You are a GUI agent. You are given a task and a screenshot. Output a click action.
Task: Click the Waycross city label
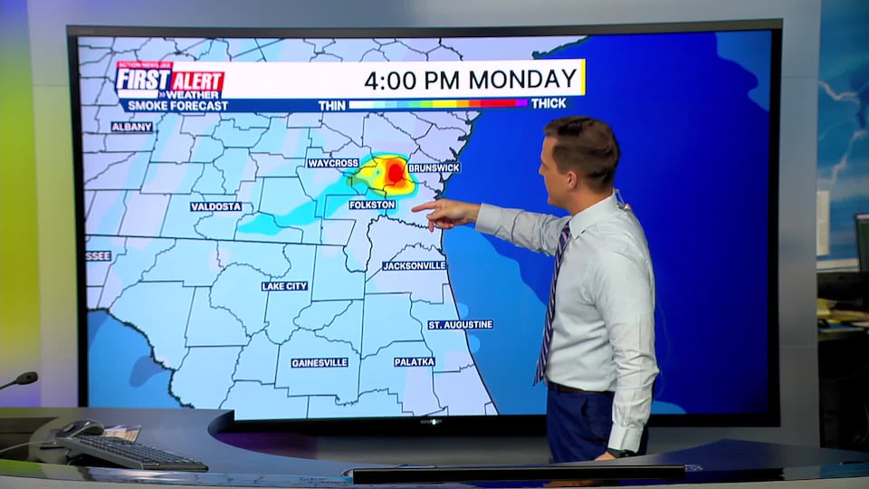pos(332,163)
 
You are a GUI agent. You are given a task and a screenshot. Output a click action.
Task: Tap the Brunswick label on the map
pos(434,168)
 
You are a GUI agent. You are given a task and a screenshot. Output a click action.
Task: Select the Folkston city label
pos(372,205)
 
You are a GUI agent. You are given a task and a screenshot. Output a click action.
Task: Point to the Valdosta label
pos(216,206)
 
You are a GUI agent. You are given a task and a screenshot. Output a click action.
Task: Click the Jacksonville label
pos(414,265)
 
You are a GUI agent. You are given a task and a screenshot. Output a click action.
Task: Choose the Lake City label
pos(284,286)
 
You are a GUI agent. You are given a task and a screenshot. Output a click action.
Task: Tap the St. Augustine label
pos(461,324)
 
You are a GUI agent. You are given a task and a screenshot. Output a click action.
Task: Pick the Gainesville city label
pos(320,362)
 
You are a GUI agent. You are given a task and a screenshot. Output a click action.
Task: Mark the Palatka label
pos(415,361)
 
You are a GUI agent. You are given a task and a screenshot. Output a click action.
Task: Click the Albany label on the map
pos(132,127)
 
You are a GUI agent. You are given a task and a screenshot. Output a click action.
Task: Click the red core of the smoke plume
pos(396,171)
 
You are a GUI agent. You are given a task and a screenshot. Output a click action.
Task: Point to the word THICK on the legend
pos(549,104)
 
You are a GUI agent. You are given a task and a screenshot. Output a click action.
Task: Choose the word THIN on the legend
pos(331,105)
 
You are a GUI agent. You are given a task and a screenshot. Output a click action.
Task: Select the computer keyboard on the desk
pos(131,450)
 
